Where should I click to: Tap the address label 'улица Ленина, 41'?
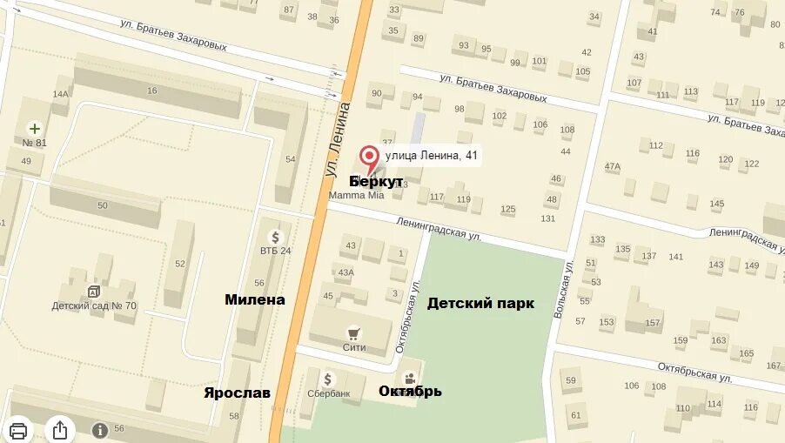tap(431, 156)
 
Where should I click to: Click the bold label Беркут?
tap(376, 181)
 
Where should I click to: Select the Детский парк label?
tap(480, 304)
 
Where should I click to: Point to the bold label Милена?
tap(255, 299)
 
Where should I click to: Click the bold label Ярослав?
tap(237, 393)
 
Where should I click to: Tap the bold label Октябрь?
tap(410, 392)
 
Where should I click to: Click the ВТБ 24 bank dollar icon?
tap(276, 237)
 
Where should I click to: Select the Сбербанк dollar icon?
tap(328, 379)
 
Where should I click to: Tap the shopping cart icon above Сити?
tap(353, 333)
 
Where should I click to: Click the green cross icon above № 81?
tap(35, 128)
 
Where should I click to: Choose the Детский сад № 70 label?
tap(94, 305)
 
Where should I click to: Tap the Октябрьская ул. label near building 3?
tap(408, 318)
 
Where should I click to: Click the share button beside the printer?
tap(60, 429)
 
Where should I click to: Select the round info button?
tap(99, 430)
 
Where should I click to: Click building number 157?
tap(653, 323)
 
